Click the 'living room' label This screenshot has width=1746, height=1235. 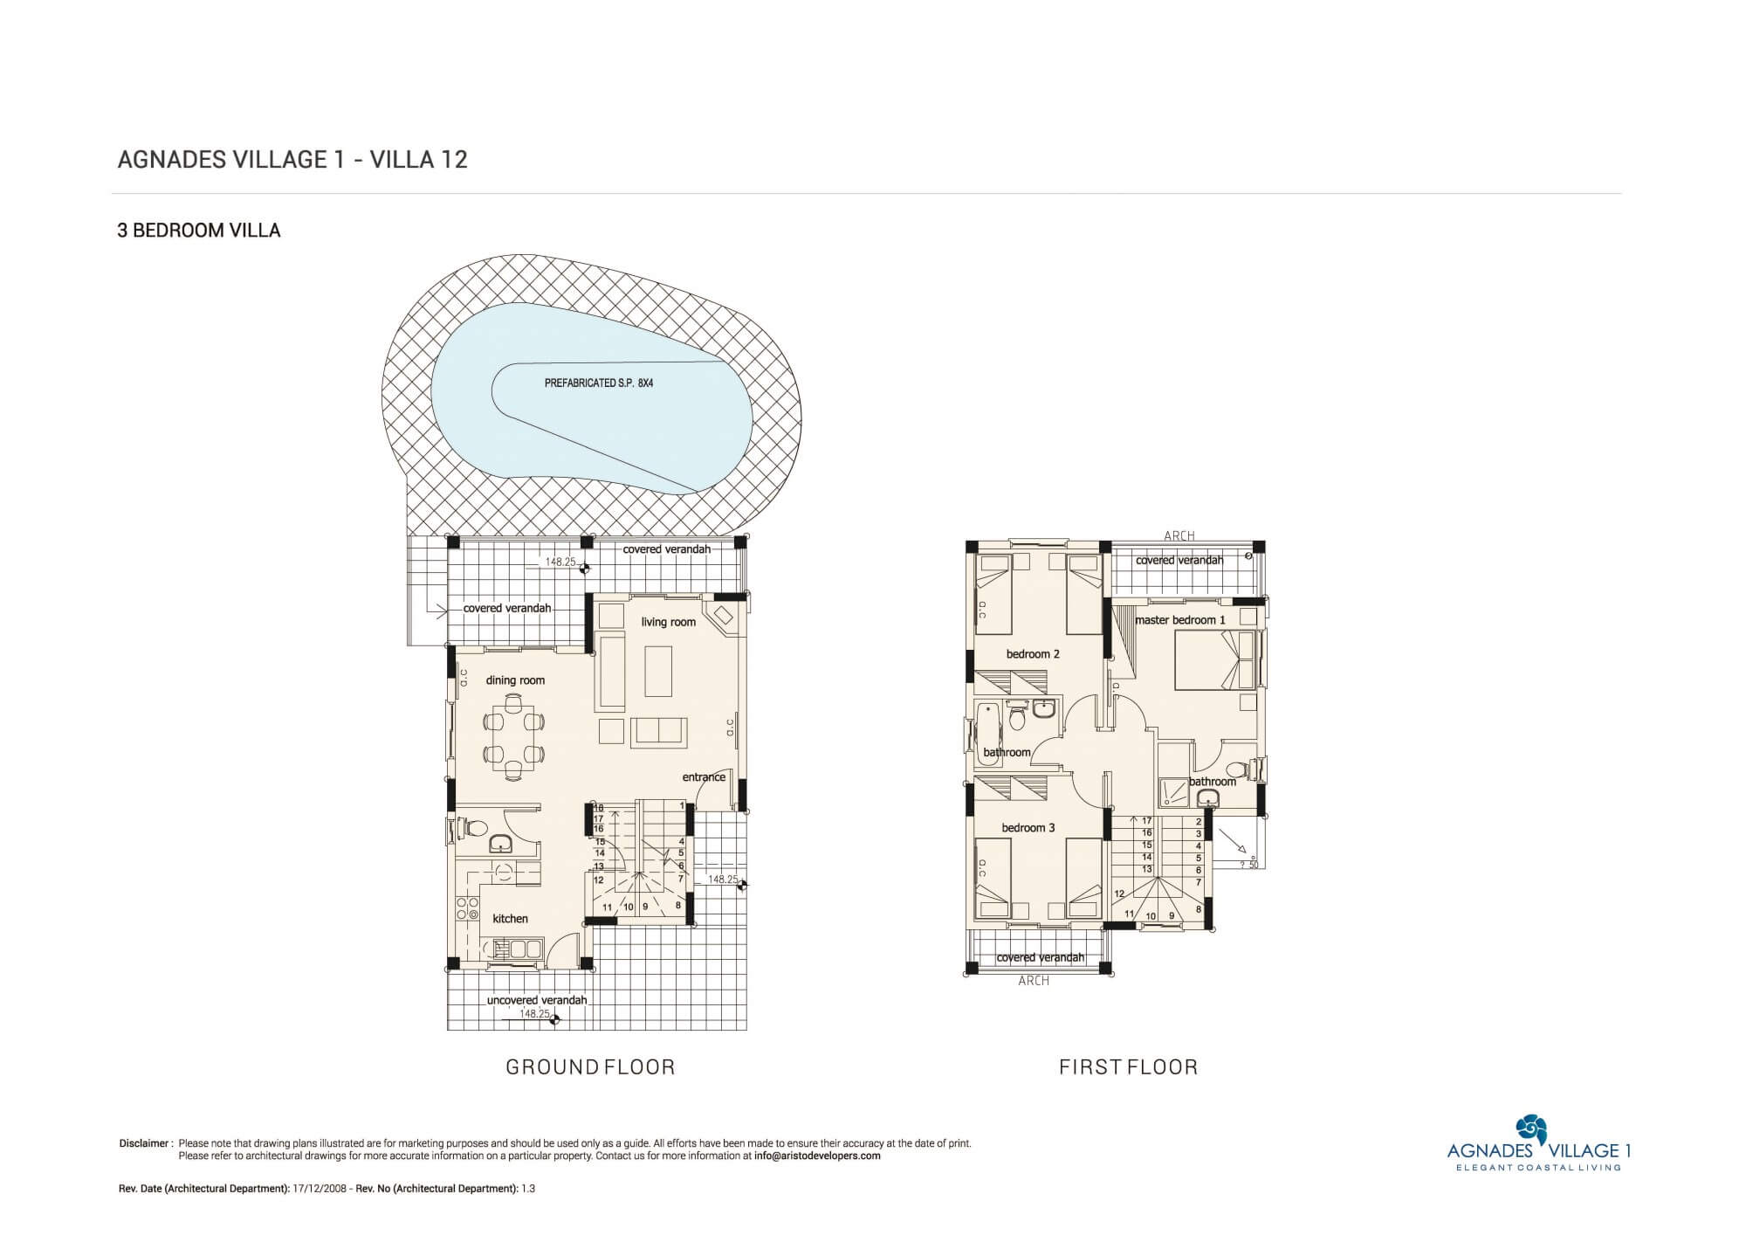668,622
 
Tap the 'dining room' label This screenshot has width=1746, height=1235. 515,680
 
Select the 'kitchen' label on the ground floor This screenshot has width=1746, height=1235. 510,919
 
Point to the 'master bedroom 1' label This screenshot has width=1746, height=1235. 1180,620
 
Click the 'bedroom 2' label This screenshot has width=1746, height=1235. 1033,654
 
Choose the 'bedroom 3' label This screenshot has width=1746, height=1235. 1028,828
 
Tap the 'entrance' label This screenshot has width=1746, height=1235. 704,777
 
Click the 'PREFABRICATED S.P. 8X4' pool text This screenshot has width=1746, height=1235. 599,383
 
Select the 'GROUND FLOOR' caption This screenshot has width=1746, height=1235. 591,1066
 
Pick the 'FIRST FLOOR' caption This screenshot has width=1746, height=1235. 1128,1066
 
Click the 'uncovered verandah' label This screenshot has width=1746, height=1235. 537,1000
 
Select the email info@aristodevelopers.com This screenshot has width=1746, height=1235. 817,1156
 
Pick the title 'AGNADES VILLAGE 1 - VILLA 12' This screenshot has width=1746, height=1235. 292,159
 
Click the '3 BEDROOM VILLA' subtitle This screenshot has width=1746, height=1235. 199,231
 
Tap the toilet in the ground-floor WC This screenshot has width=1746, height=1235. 472,826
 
